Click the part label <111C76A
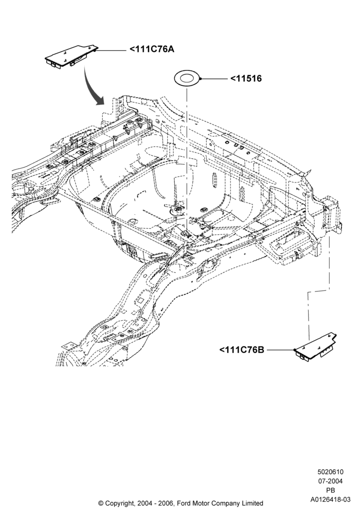pyautogui.click(x=152, y=49)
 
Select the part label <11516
pyautogui.click(x=246, y=79)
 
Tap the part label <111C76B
pyautogui.click(x=242, y=350)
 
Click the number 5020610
pyautogui.click(x=330, y=472)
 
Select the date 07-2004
pyautogui.click(x=330, y=481)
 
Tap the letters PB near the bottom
pyautogui.click(x=331, y=490)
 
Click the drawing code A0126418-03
pyautogui.click(x=330, y=500)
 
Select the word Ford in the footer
pyautogui.click(x=184, y=503)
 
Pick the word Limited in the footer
pyautogui.click(x=252, y=503)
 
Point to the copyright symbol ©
pyautogui.click(x=101, y=503)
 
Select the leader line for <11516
pyautogui.click(x=213, y=79)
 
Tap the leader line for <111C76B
pyautogui.click(x=281, y=350)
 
